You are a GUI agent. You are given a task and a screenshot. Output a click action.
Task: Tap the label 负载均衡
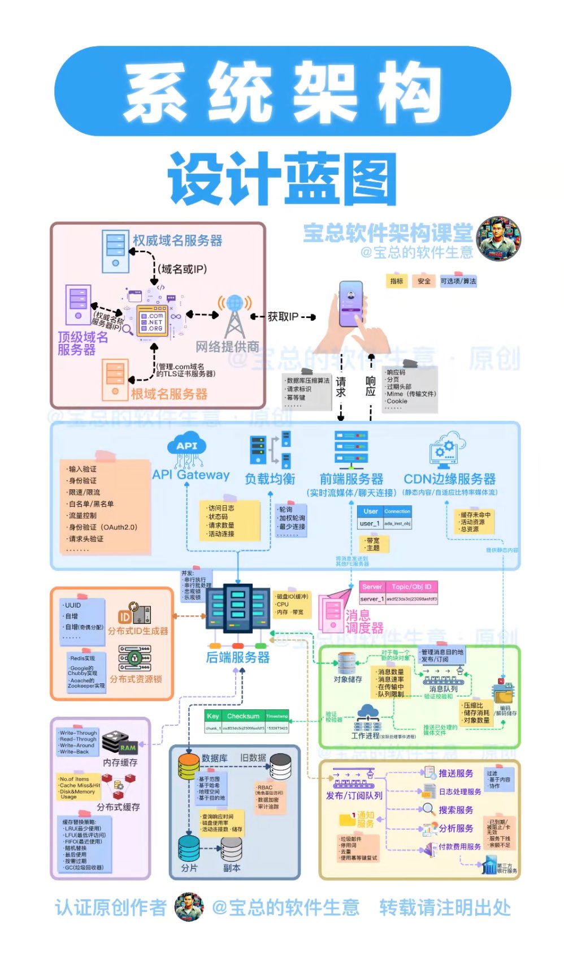coord(270,479)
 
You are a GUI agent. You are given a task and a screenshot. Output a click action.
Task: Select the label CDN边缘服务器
coord(449,479)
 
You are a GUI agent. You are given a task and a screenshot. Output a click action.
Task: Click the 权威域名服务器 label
coord(177,240)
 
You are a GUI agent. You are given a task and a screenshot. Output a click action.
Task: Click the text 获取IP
coord(283,317)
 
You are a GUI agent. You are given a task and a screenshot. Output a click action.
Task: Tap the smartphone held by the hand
coord(351,304)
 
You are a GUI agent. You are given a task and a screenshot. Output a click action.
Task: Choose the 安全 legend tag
coord(424,281)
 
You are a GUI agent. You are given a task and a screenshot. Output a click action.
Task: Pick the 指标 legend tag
coord(397,281)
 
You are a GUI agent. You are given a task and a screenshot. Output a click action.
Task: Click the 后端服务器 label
coord(238,657)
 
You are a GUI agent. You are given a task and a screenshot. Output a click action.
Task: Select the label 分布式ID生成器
coord(138,631)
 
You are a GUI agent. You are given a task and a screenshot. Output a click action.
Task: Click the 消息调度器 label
coord(365,622)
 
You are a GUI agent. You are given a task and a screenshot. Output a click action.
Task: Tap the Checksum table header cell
coord(243,716)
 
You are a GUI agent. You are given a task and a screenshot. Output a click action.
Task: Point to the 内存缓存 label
coord(120,763)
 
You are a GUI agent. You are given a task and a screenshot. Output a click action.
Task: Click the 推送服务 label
coord(455,773)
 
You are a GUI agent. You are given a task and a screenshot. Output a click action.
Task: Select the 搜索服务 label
coord(455,810)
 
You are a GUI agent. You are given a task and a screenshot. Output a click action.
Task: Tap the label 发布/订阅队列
coord(354,795)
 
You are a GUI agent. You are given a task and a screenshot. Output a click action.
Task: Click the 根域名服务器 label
coord(169,394)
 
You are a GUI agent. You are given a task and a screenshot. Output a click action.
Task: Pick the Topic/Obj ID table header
coord(411,587)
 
